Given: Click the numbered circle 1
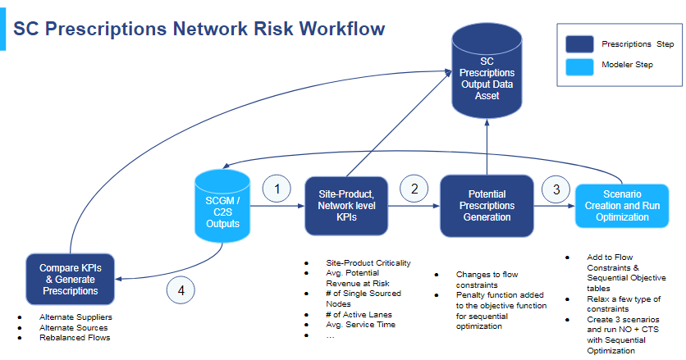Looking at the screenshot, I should click(277, 189).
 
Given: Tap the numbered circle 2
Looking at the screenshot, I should click(414, 189).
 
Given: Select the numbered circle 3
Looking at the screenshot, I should click(556, 189).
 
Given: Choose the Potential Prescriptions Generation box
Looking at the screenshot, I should click(487, 205).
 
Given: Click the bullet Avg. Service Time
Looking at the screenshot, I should click(360, 324).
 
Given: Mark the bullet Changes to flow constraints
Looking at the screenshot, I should click(487, 279).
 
